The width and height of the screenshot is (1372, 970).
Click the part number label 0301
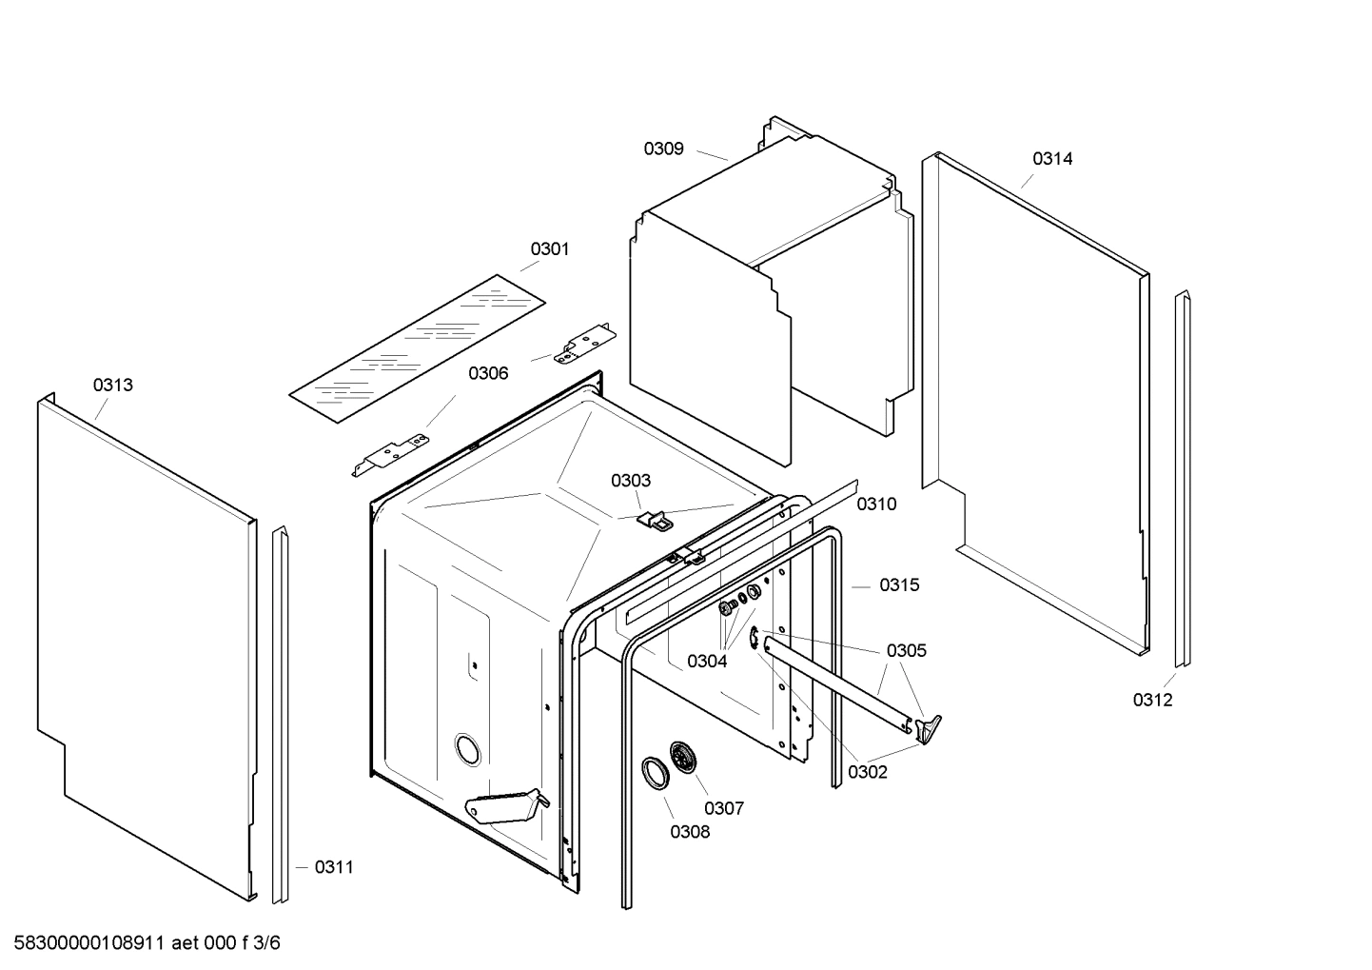(550, 248)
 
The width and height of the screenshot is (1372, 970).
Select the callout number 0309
(663, 148)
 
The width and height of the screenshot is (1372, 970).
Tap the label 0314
(1052, 159)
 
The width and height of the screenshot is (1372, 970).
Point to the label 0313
(112, 385)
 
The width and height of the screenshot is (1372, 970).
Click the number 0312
(1152, 700)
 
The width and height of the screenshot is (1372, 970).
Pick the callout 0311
(334, 866)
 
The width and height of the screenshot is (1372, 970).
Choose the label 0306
(488, 373)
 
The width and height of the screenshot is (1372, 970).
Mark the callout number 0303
(631, 481)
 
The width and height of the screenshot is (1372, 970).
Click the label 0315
(899, 584)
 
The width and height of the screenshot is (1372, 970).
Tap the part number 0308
(690, 831)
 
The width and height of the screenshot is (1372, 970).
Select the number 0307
(724, 808)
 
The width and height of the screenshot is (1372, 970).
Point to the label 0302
(867, 772)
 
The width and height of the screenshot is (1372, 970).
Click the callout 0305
(906, 650)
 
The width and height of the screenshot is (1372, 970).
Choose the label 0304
(707, 661)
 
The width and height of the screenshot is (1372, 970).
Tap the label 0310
(876, 504)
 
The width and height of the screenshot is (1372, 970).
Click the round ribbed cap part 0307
(683, 758)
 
